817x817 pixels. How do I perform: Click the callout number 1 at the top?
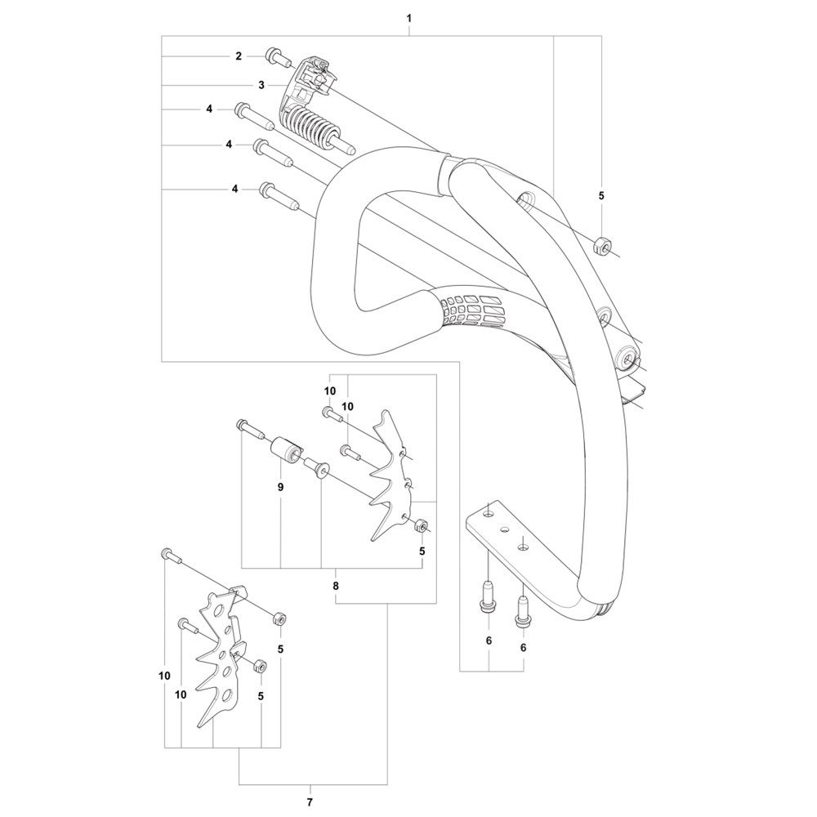point(409,18)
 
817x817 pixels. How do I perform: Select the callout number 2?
point(239,56)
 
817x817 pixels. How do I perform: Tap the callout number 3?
point(261,85)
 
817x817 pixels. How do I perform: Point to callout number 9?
point(281,487)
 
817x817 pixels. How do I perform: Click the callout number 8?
point(336,586)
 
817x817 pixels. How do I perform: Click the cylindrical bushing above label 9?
point(287,448)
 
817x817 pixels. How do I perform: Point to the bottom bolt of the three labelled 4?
point(279,196)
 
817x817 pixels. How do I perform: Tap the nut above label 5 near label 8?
point(420,525)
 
